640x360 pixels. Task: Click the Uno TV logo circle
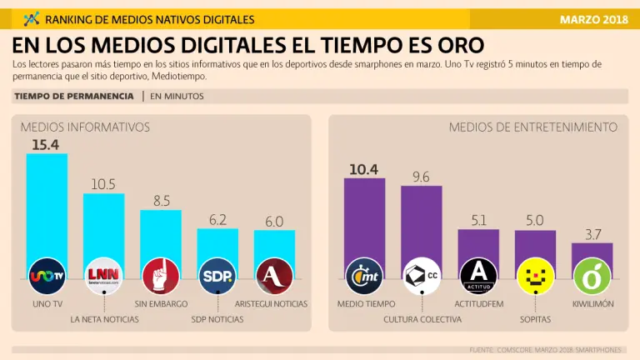[x=47, y=275]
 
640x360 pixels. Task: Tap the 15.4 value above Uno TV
[x=47, y=145]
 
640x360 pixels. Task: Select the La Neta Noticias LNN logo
[x=103, y=275]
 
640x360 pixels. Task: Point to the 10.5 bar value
[x=103, y=184]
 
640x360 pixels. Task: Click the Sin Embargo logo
[x=161, y=275]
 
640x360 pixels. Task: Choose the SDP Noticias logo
[x=217, y=275]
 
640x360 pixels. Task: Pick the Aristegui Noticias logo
[x=274, y=275]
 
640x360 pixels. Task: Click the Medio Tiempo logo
[x=364, y=275]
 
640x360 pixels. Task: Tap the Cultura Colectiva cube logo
[x=421, y=275]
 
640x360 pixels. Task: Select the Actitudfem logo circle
[x=478, y=275]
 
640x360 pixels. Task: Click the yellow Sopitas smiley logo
[x=535, y=275]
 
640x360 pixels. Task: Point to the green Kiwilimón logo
[x=592, y=275]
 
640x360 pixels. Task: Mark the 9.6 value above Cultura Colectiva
[x=421, y=177]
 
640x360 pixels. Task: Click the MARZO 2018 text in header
[x=594, y=18]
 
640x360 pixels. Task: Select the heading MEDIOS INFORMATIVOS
[x=85, y=127]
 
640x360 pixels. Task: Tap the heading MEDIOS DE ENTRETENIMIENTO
[x=532, y=127]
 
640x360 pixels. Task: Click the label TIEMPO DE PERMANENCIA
[x=74, y=97]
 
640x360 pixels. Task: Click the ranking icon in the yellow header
[x=32, y=18]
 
